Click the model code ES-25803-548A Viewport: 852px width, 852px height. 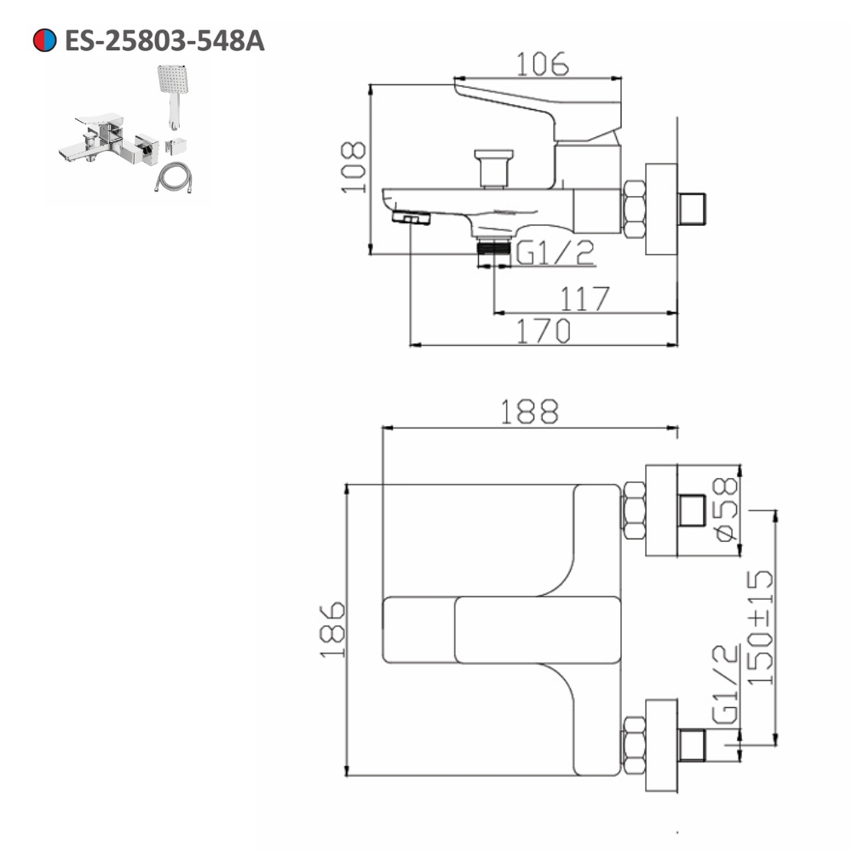(164, 40)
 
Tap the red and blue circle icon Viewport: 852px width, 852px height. (44, 40)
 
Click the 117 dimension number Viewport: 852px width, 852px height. (584, 299)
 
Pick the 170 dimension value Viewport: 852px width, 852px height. (544, 331)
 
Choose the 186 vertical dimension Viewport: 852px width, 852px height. (332, 630)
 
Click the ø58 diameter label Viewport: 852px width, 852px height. (726, 509)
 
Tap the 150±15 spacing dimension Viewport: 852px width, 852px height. (761, 626)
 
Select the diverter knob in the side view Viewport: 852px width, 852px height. (494, 166)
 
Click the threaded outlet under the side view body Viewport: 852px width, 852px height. (492, 248)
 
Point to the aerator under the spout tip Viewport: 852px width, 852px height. (412, 220)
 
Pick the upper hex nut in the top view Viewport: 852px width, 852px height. (634, 510)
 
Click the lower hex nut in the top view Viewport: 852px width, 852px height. (634, 745)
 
